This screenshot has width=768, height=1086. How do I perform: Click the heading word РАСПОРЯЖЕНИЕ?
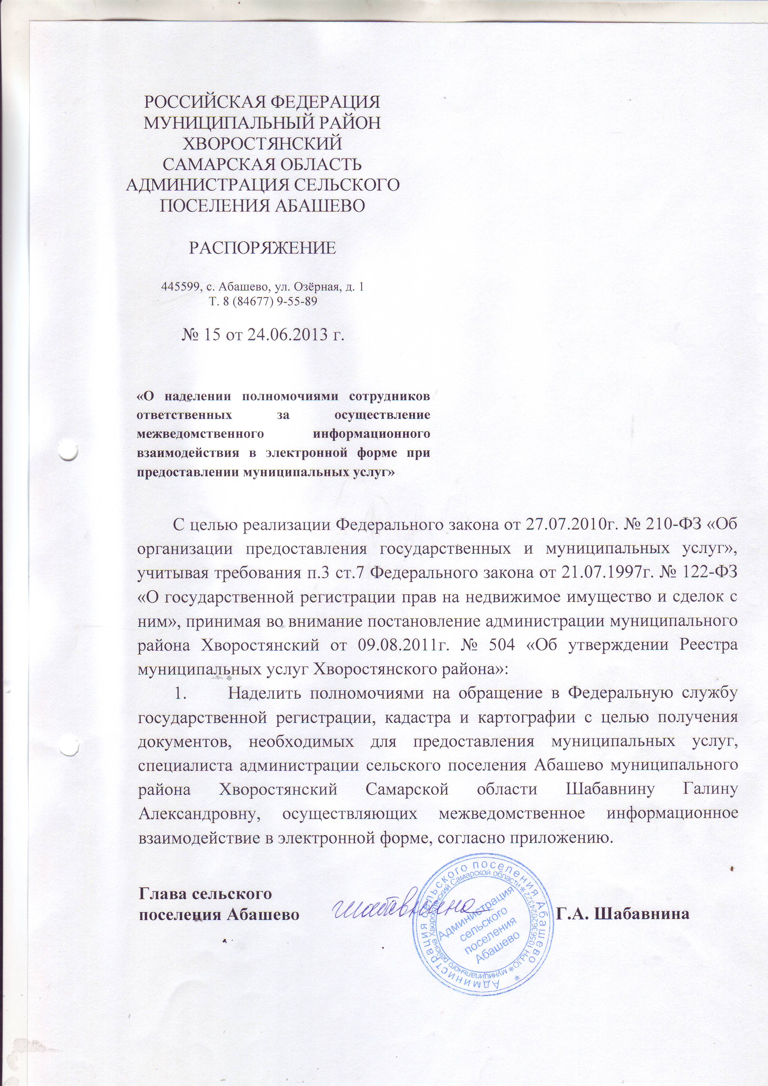coord(263,248)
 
